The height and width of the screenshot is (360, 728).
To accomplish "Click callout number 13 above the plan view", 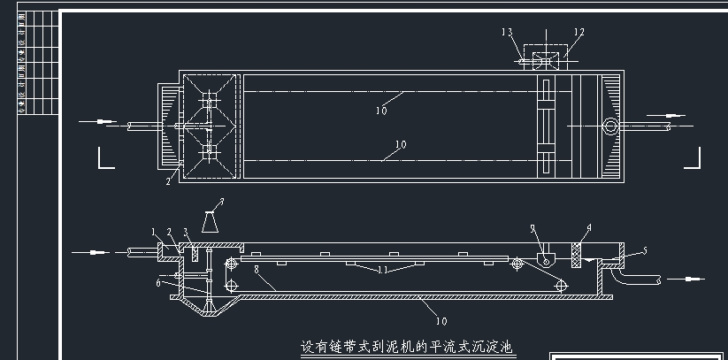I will coord(507,32).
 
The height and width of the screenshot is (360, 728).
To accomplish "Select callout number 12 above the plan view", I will coord(579,32).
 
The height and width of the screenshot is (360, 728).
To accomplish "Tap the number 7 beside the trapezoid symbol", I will coord(222,203).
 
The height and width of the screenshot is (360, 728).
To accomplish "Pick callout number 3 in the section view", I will coord(186,233).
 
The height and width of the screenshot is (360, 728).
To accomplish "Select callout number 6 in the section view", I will coord(158,283).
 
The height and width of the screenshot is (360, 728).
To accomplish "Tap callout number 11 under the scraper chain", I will coord(384,269).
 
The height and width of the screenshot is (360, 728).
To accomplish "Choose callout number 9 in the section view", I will coord(533,229).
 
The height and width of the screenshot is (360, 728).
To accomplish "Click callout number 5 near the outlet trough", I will coord(644,251).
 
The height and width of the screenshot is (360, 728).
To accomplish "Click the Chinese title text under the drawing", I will coord(407,347).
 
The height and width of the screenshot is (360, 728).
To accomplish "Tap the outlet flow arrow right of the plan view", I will coord(674,114).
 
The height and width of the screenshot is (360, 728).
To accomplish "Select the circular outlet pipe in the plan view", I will coord(611,126).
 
